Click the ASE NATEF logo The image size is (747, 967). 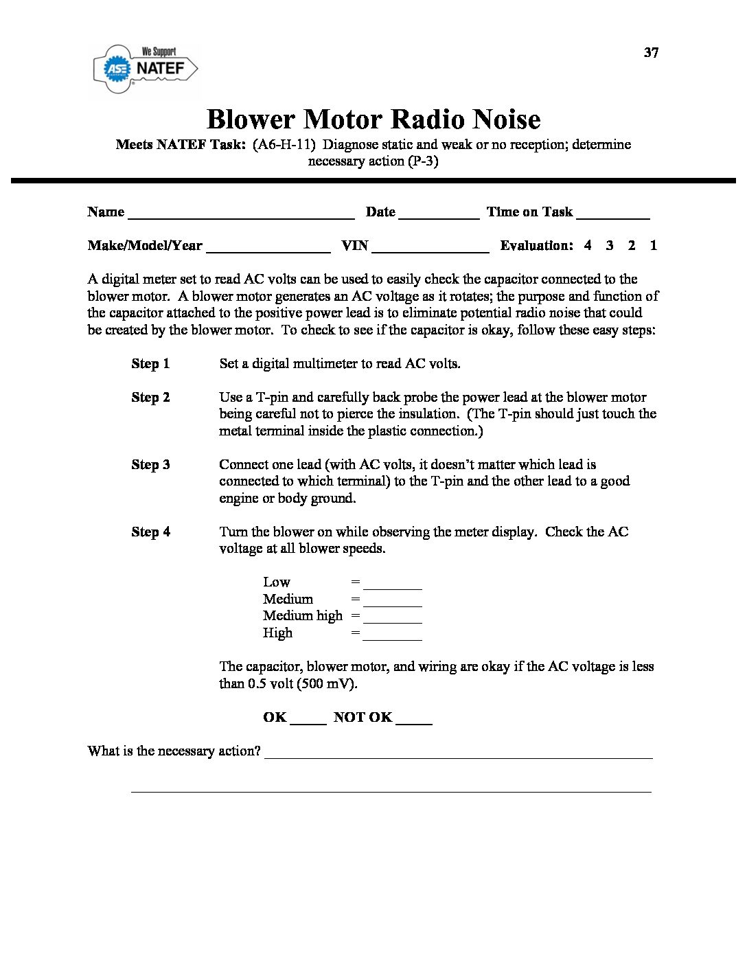pos(146,68)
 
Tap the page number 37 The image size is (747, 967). pos(651,53)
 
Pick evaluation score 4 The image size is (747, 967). pos(588,245)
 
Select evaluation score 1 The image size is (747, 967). pos(654,245)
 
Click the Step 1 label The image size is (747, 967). pos(150,364)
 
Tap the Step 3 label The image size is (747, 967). pos(150,465)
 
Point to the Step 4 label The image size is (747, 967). pos(150,532)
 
